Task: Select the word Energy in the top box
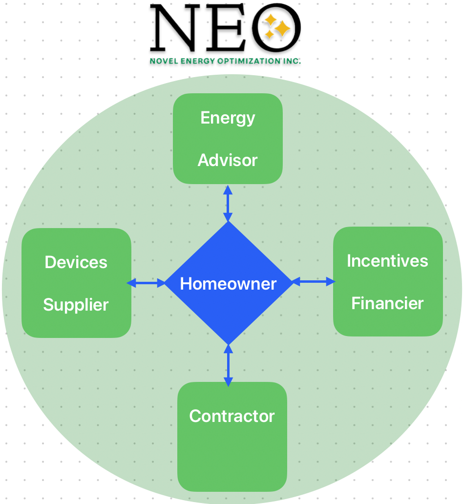pyautogui.click(x=228, y=118)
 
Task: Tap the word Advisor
pyautogui.click(x=228, y=160)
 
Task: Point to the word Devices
pyautogui.click(x=76, y=262)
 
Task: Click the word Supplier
pyautogui.click(x=76, y=305)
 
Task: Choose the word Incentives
pyautogui.click(x=387, y=261)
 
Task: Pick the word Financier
pyautogui.click(x=387, y=303)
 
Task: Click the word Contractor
pyautogui.click(x=232, y=416)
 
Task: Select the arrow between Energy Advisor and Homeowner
pyautogui.click(x=228, y=203)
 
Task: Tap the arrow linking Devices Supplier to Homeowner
pyautogui.click(x=147, y=283)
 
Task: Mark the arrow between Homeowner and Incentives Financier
pyautogui.click(x=314, y=282)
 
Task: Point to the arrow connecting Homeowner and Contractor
pyautogui.click(x=228, y=364)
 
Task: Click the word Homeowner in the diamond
pyautogui.click(x=228, y=284)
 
